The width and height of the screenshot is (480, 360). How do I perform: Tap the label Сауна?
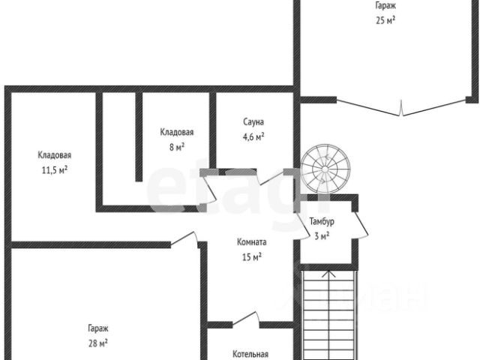(253, 121)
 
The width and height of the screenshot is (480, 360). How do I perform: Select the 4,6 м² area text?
(253, 136)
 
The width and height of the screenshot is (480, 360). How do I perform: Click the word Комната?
(252, 243)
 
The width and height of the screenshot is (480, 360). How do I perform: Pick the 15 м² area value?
(252, 257)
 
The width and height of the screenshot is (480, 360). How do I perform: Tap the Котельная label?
(250, 355)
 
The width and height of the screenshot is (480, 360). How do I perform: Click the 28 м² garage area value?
(97, 343)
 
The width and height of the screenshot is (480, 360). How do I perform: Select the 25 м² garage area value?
(385, 20)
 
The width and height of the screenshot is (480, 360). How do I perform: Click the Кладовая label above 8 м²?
(177, 133)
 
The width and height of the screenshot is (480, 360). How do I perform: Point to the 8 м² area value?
(177, 147)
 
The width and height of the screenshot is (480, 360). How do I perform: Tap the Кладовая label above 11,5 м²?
(55, 155)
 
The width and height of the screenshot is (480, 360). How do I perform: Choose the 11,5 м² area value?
(55, 169)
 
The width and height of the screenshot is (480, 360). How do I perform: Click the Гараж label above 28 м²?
(97, 328)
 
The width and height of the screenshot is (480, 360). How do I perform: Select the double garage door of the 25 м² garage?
(403, 108)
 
